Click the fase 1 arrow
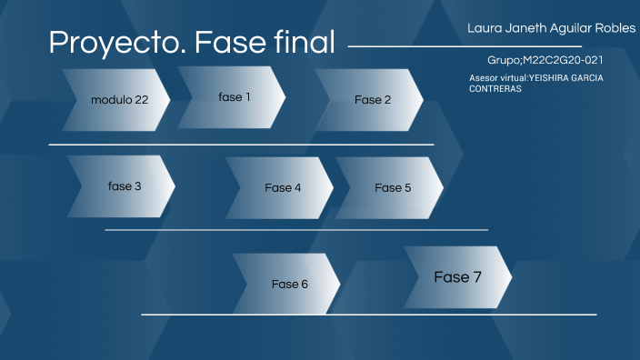click(x=234, y=96)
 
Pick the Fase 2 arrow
click(x=372, y=100)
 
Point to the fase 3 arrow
click(x=124, y=186)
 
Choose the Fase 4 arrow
click(x=283, y=188)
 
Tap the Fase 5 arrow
click(x=392, y=188)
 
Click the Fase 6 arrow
click(x=289, y=284)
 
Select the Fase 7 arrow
click(x=457, y=277)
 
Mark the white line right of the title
click(x=464, y=45)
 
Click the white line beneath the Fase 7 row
click(x=368, y=315)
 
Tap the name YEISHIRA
click(x=547, y=78)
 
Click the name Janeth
click(x=524, y=28)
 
